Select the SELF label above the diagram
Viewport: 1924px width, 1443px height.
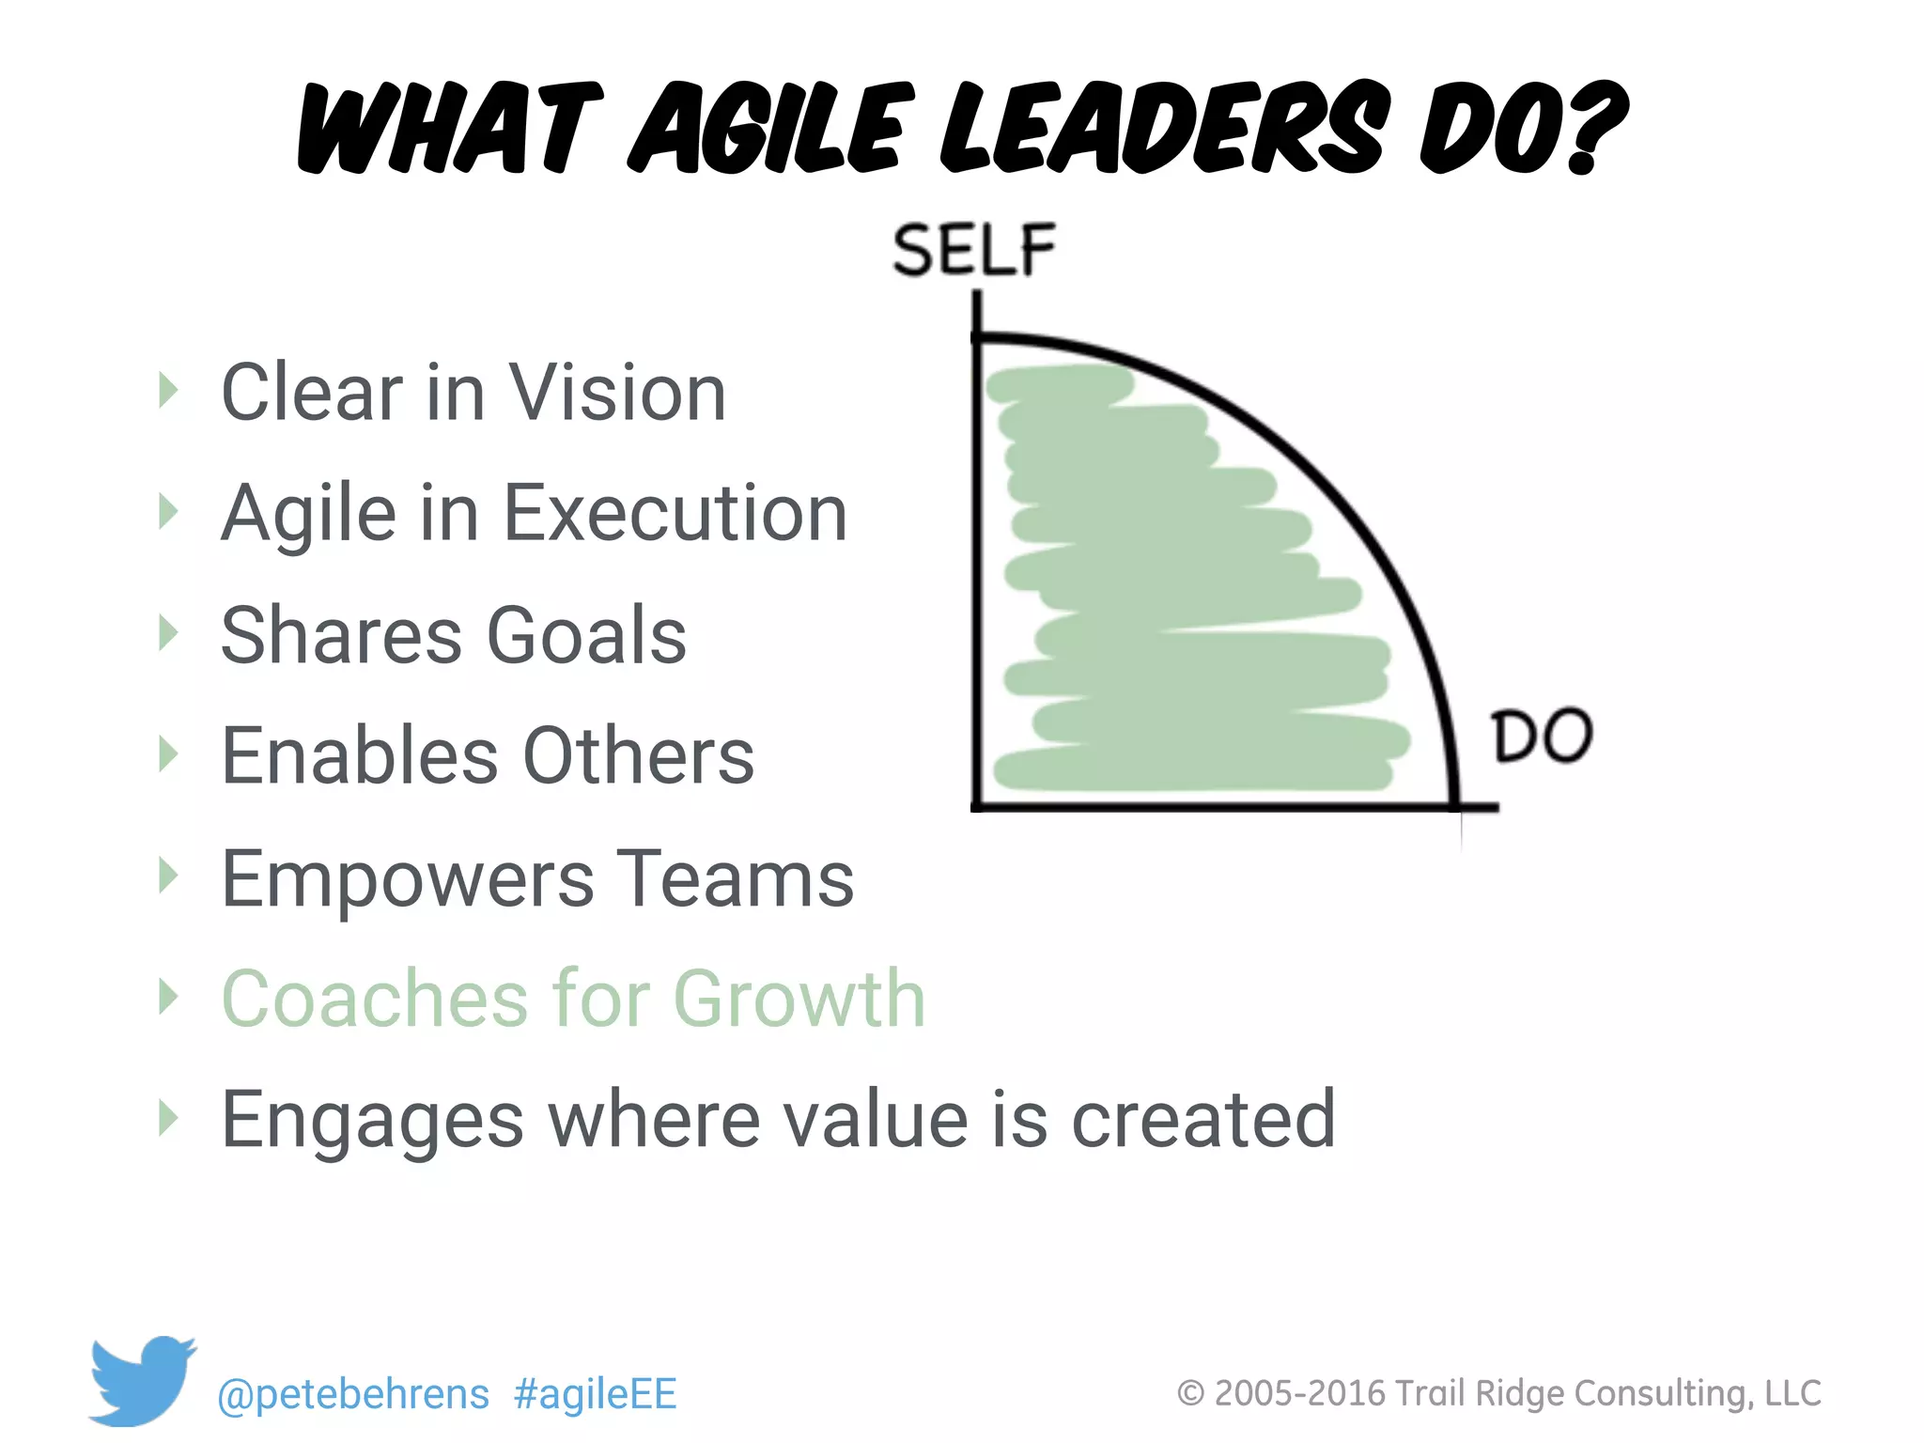coord(974,250)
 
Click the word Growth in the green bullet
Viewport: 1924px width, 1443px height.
coord(799,999)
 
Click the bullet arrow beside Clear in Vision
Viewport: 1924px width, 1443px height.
coord(168,390)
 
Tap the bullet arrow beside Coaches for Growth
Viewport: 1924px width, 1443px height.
coord(168,996)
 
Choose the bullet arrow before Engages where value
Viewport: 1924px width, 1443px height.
coord(168,1117)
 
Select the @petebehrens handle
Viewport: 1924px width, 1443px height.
coord(353,1394)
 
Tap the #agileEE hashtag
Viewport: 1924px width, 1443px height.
coord(596,1394)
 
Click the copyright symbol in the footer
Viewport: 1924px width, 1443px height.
coord(1190,1393)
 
